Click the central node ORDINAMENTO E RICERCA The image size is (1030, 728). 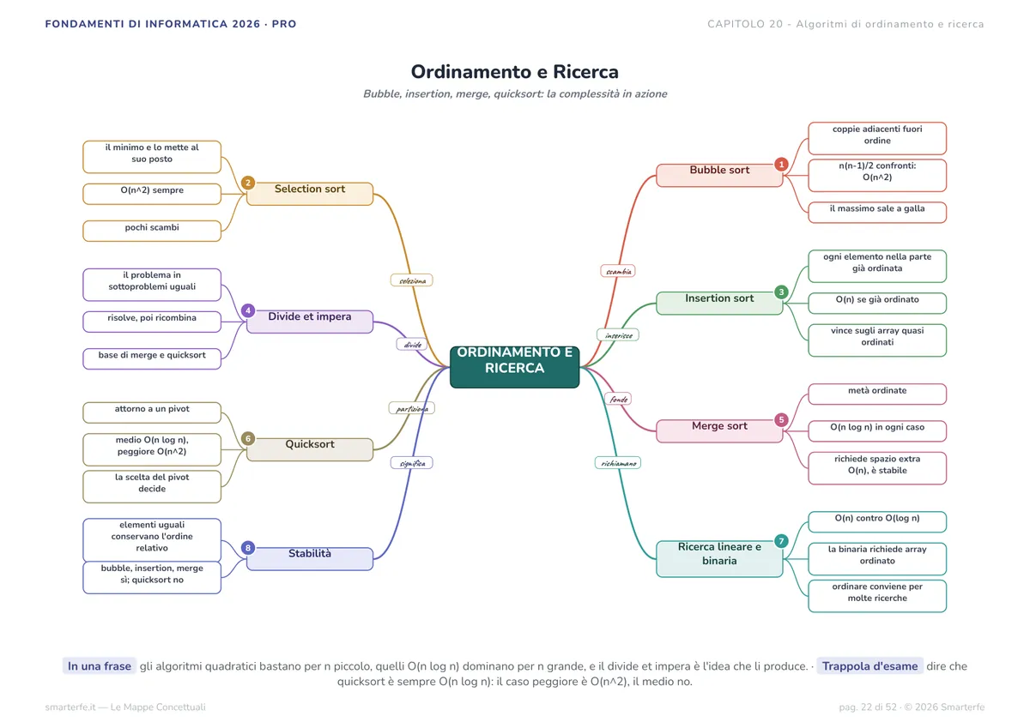point(514,367)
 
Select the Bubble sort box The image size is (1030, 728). point(719,176)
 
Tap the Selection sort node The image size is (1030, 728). point(310,194)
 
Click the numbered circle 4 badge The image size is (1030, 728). point(248,310)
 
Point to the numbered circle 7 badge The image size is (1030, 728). point(781,541)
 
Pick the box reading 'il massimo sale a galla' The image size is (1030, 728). point(877,212)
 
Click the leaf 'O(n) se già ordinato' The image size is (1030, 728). point(877,304)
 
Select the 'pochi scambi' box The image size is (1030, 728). point(152,231)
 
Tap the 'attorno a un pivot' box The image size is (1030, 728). point(152,412)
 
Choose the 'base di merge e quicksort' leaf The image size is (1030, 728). point(152,358)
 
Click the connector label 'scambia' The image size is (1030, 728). point(618,272)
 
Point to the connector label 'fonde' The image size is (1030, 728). point(618,399)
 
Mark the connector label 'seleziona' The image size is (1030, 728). point(412,280)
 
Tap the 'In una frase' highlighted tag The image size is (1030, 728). point(100,666)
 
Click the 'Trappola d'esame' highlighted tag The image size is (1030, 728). point(869,666)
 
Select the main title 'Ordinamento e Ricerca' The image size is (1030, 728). point(514,72)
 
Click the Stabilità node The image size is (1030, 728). point(310,559)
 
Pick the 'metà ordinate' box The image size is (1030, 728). point(877,394)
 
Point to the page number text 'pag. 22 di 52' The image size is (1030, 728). point(868,707)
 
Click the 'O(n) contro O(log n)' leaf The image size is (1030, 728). point(877,521)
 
